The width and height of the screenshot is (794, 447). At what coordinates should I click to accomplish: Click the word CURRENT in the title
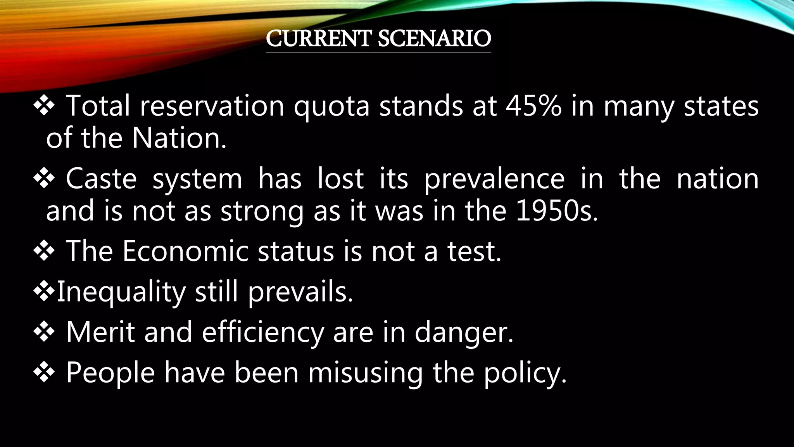coord(318,38)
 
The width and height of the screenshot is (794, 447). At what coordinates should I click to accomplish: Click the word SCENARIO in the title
coord(434,38)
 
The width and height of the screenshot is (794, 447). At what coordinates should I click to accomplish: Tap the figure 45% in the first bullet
coord(533,106)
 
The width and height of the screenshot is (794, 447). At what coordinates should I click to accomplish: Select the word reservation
coord(212,106)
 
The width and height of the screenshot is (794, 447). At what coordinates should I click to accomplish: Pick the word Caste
coord(101,179)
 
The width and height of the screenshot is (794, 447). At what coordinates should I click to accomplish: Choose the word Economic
coord(185,251)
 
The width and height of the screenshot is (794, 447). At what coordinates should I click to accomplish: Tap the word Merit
coord(100,332)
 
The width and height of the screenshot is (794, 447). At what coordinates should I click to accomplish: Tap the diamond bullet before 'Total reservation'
coord(44,106)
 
